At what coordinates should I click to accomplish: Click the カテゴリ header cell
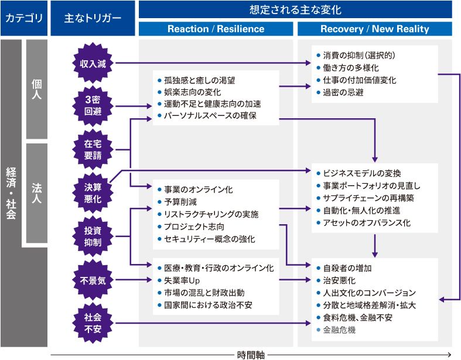point(24,18)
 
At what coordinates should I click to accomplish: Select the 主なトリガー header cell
point(93,18)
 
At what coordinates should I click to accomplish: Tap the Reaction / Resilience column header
point(216,29)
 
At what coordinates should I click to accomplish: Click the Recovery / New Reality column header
point(374,29)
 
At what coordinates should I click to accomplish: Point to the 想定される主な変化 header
point(295,10)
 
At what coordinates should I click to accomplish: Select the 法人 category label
point(36,191)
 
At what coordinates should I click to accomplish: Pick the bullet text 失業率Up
point(182,280)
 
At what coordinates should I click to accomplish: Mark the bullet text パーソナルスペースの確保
point(210,115)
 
